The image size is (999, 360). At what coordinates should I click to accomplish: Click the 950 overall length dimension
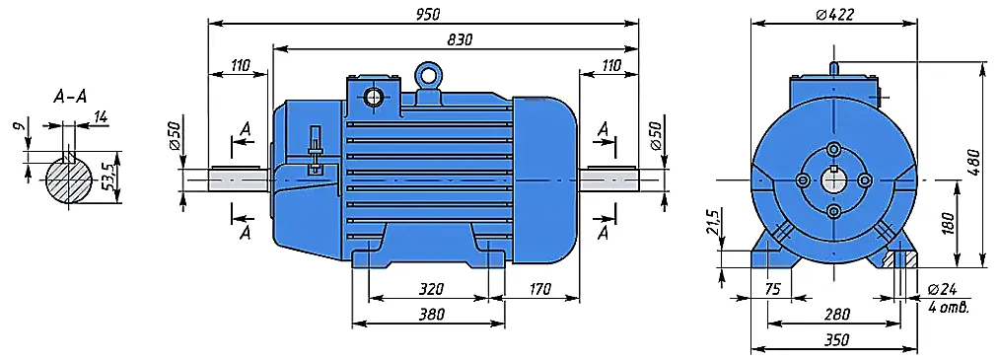(427, 14)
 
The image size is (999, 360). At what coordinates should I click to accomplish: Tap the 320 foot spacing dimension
(431, 289)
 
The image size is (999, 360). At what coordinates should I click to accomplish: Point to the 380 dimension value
(431, 314)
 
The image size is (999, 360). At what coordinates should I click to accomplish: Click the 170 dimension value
(539, 289)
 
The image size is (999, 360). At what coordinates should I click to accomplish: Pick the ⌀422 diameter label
(834, 14)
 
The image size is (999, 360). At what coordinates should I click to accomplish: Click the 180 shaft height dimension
(947, 223)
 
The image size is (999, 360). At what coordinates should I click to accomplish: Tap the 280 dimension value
(836, 314)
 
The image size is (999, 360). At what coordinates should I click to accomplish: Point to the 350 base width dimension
(836, 340)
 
